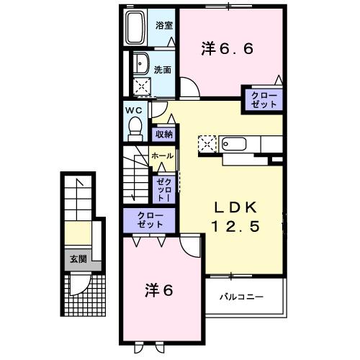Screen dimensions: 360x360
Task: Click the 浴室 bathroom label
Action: [x=164, y=24]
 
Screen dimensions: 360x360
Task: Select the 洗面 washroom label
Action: [x=163, y=70]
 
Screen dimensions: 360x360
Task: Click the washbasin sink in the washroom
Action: [x=140, y=63]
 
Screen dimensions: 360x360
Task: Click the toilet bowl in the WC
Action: [x=134, y=128]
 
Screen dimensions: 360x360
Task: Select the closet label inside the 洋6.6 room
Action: [x=264, y=99]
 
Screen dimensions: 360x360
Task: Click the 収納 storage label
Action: [x=163, y=134]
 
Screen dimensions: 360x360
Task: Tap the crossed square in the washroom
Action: [x=142, y=86]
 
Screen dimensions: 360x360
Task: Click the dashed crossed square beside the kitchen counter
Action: [x=207, y=143]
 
